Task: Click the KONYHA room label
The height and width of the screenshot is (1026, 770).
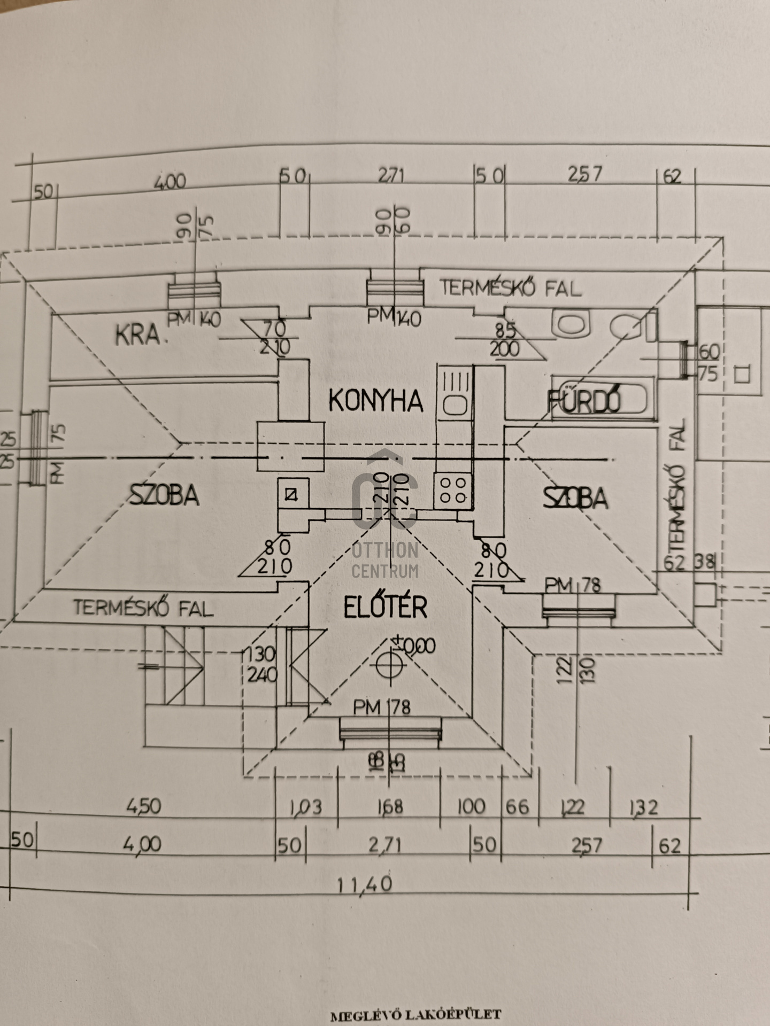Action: point(375,400)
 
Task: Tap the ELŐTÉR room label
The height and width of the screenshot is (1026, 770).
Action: point(385,608)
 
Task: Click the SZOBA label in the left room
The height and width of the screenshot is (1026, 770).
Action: point(164,495)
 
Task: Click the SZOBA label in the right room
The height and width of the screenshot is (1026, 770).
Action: point(575,498)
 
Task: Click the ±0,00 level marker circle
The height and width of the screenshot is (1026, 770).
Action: point(389,664)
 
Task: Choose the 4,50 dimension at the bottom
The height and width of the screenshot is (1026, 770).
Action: point(143,806)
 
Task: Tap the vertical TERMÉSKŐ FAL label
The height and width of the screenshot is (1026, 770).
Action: point(677,488)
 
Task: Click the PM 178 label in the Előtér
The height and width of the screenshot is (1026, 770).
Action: point(382,707)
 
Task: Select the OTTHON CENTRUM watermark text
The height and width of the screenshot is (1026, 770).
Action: point(385,560)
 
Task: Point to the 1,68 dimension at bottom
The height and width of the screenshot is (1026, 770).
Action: point(390,806)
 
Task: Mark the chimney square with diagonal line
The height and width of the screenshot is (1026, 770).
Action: point(291,494)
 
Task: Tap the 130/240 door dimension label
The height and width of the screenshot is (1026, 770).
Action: point(261,665)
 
